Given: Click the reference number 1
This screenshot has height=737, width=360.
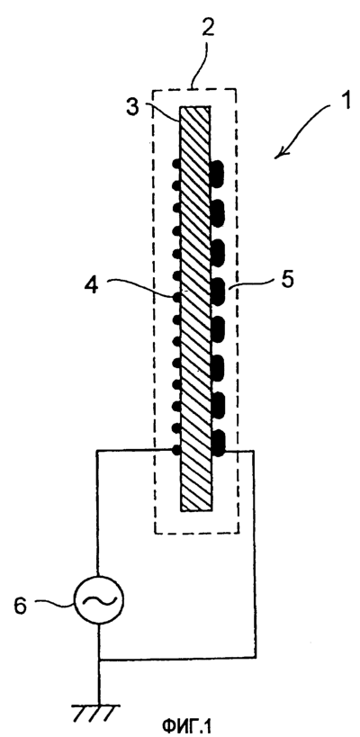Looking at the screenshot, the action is point(346,102).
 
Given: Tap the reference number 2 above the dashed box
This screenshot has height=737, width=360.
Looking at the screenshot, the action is point(208,28).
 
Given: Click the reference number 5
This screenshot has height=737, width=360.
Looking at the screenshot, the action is point(287,279).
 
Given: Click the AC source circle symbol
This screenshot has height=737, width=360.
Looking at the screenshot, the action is point(98,598).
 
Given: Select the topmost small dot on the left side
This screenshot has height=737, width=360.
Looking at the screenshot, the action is point(176,164).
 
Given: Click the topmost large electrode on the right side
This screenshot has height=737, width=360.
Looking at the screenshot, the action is point(217,172).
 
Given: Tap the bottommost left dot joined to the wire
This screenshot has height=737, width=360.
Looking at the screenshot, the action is point(176,450).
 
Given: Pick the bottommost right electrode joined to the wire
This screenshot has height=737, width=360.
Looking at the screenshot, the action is point(219,444).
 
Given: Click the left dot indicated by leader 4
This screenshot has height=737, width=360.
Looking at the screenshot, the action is point(176,297).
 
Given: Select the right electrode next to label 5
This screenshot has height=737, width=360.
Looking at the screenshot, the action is point(218,290).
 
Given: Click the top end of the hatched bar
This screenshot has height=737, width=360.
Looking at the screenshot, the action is point(195,106).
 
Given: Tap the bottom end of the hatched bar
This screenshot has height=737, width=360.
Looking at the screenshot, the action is point(197,510).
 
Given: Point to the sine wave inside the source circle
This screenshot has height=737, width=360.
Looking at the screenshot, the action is point(98,599).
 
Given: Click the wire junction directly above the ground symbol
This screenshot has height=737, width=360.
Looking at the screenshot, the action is point(99,659).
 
